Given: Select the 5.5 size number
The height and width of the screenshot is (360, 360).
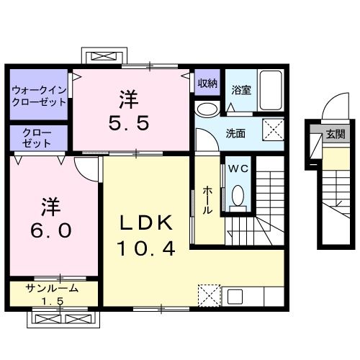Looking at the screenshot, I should click(x=130, y=123).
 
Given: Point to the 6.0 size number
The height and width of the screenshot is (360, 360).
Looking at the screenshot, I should click(x=50, y=230).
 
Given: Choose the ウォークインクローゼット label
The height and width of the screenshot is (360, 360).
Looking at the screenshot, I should click(x=39, y=96).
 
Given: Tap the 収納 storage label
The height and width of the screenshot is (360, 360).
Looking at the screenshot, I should click(x=207, y=83).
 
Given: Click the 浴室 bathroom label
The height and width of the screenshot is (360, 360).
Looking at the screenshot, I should click(x=241, y=90).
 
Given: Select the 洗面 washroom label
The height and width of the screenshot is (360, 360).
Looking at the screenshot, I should click(x=235, y=133).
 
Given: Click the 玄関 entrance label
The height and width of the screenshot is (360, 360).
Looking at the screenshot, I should click(x=335, y=133).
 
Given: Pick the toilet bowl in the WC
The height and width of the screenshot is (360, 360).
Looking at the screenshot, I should click(x=238, y=194).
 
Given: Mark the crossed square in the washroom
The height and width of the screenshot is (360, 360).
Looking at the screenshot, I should click(x=273, y=131).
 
